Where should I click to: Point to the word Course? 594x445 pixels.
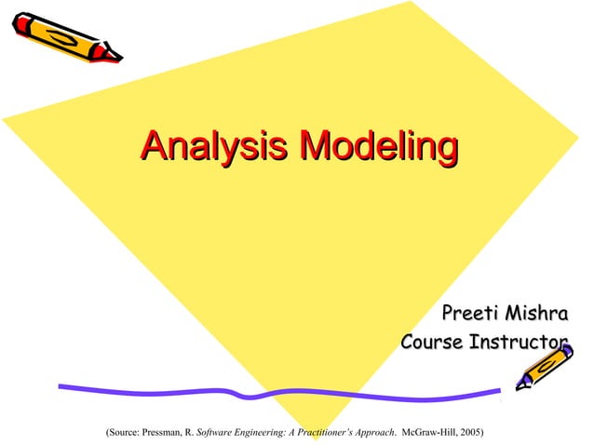(432, 342)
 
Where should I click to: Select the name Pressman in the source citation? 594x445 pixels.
(163, 432)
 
